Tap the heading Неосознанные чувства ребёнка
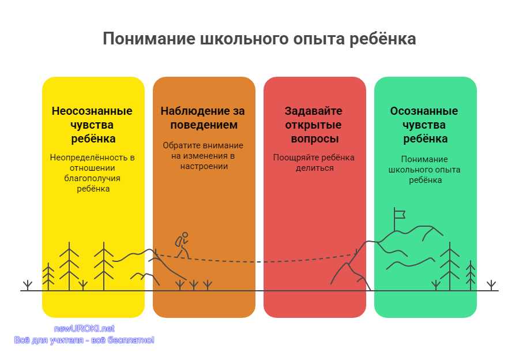click(92, 125)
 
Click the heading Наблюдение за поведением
click(203, 118)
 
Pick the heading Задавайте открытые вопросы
click(314, 125)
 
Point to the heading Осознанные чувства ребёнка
click(424, 125)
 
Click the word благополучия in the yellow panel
click(92, 178)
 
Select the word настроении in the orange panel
click(204, 166)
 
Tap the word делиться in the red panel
click(314, 168)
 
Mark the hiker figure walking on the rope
click(183, 245)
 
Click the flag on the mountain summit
click(399, 215)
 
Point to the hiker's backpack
click(179, 241)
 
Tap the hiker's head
click(185, 235)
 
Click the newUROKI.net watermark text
click(84, 328)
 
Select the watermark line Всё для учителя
click(48, 340)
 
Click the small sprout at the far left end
click(28, 285)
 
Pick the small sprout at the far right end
click(491, 285)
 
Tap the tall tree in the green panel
click(450, 266)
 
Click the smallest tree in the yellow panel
click(48, 276)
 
